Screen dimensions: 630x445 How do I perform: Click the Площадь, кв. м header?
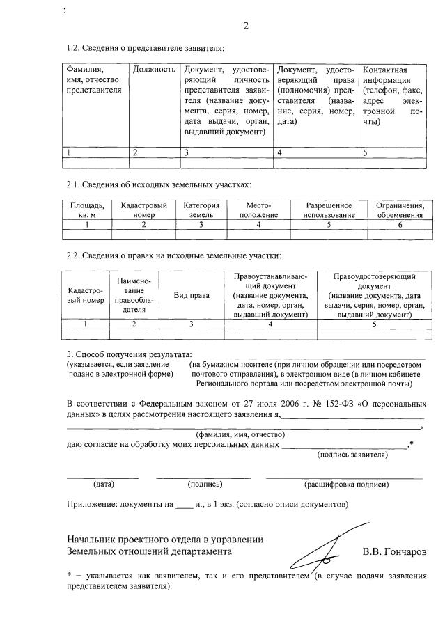87,210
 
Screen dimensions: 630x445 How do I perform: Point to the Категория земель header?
201,210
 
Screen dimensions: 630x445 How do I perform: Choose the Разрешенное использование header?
328,210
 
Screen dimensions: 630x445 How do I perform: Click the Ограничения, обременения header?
400,210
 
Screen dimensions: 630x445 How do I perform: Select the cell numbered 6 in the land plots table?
400,225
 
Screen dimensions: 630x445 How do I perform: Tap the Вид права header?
191,295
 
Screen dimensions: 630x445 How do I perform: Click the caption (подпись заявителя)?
352,455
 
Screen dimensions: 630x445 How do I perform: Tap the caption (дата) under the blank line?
104,484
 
